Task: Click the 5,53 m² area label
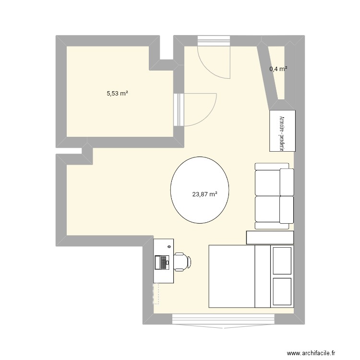117,94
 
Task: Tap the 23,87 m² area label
205,194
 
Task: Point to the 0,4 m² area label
278,69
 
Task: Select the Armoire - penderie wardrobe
282,131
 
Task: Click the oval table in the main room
199,190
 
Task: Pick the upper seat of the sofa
273,182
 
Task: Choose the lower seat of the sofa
273,209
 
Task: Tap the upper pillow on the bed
282,261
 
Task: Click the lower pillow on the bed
282,291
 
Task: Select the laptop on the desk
162,262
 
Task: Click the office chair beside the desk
181,262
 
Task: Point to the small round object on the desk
169,246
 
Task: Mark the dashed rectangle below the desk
156,293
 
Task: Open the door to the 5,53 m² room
197,109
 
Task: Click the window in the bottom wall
223,320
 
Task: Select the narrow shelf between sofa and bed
269,237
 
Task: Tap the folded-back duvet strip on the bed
262,276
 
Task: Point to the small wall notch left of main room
87,154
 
